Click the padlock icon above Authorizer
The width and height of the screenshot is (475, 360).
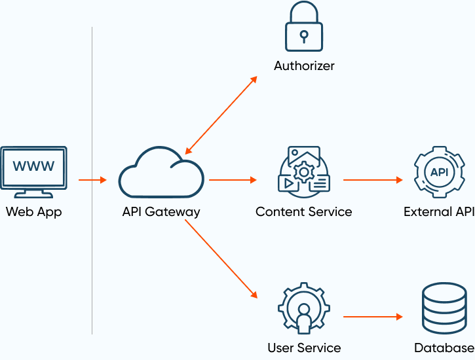[x=304, y=29]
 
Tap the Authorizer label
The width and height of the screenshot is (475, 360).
[x=304, y=66]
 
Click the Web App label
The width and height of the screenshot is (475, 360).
[x=34, y=212]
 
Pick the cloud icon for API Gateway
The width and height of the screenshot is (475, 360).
[x=161, y=173]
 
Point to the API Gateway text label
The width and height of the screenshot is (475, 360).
[x=161, y=212]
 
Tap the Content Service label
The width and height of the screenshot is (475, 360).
[x=304, y=212]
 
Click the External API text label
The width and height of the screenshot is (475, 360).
[x=438, y=212]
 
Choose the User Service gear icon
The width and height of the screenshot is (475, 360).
[x=303, y=308]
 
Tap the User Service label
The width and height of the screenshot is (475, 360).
[x=304, y=348]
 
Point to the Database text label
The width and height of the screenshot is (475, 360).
[x=444, y=348]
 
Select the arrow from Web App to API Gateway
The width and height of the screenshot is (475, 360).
[x=92, y=179]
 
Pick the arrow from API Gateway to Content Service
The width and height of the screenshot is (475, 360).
[x=233, y=179]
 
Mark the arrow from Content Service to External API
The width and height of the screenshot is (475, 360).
[x=372, y=179]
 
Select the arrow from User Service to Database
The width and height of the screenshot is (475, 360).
[x=372, y=317]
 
